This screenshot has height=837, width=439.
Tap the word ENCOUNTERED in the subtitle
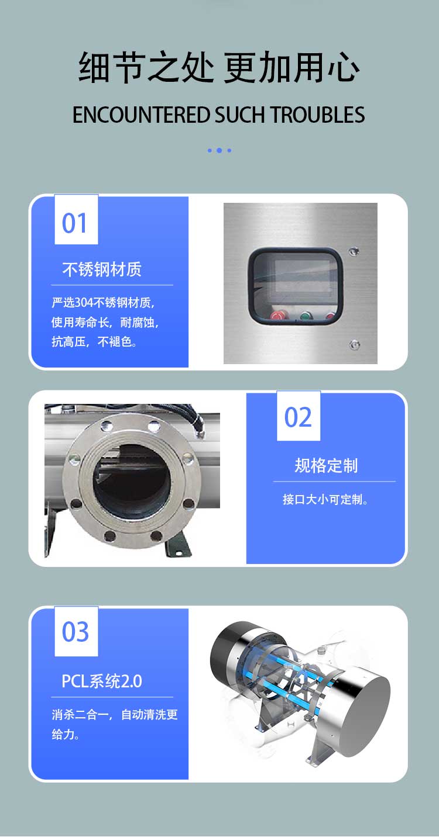[140, 115]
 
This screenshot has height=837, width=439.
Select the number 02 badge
[299, 416]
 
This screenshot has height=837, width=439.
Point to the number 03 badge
[76, 631]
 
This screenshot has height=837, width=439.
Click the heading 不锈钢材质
[102, 269]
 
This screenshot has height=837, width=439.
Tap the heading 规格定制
[326, 466]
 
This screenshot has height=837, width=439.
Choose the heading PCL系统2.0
[102, 681]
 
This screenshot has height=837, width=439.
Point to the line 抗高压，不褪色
[94, 341]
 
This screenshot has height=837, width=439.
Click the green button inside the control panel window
[306, 316]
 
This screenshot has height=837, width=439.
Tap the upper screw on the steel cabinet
[354, 251]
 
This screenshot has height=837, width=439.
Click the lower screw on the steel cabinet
[354, 344]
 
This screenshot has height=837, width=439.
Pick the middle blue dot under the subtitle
[220, 150]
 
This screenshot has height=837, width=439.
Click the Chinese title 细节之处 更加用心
[219, 67]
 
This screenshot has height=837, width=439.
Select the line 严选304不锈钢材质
[103, 302]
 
